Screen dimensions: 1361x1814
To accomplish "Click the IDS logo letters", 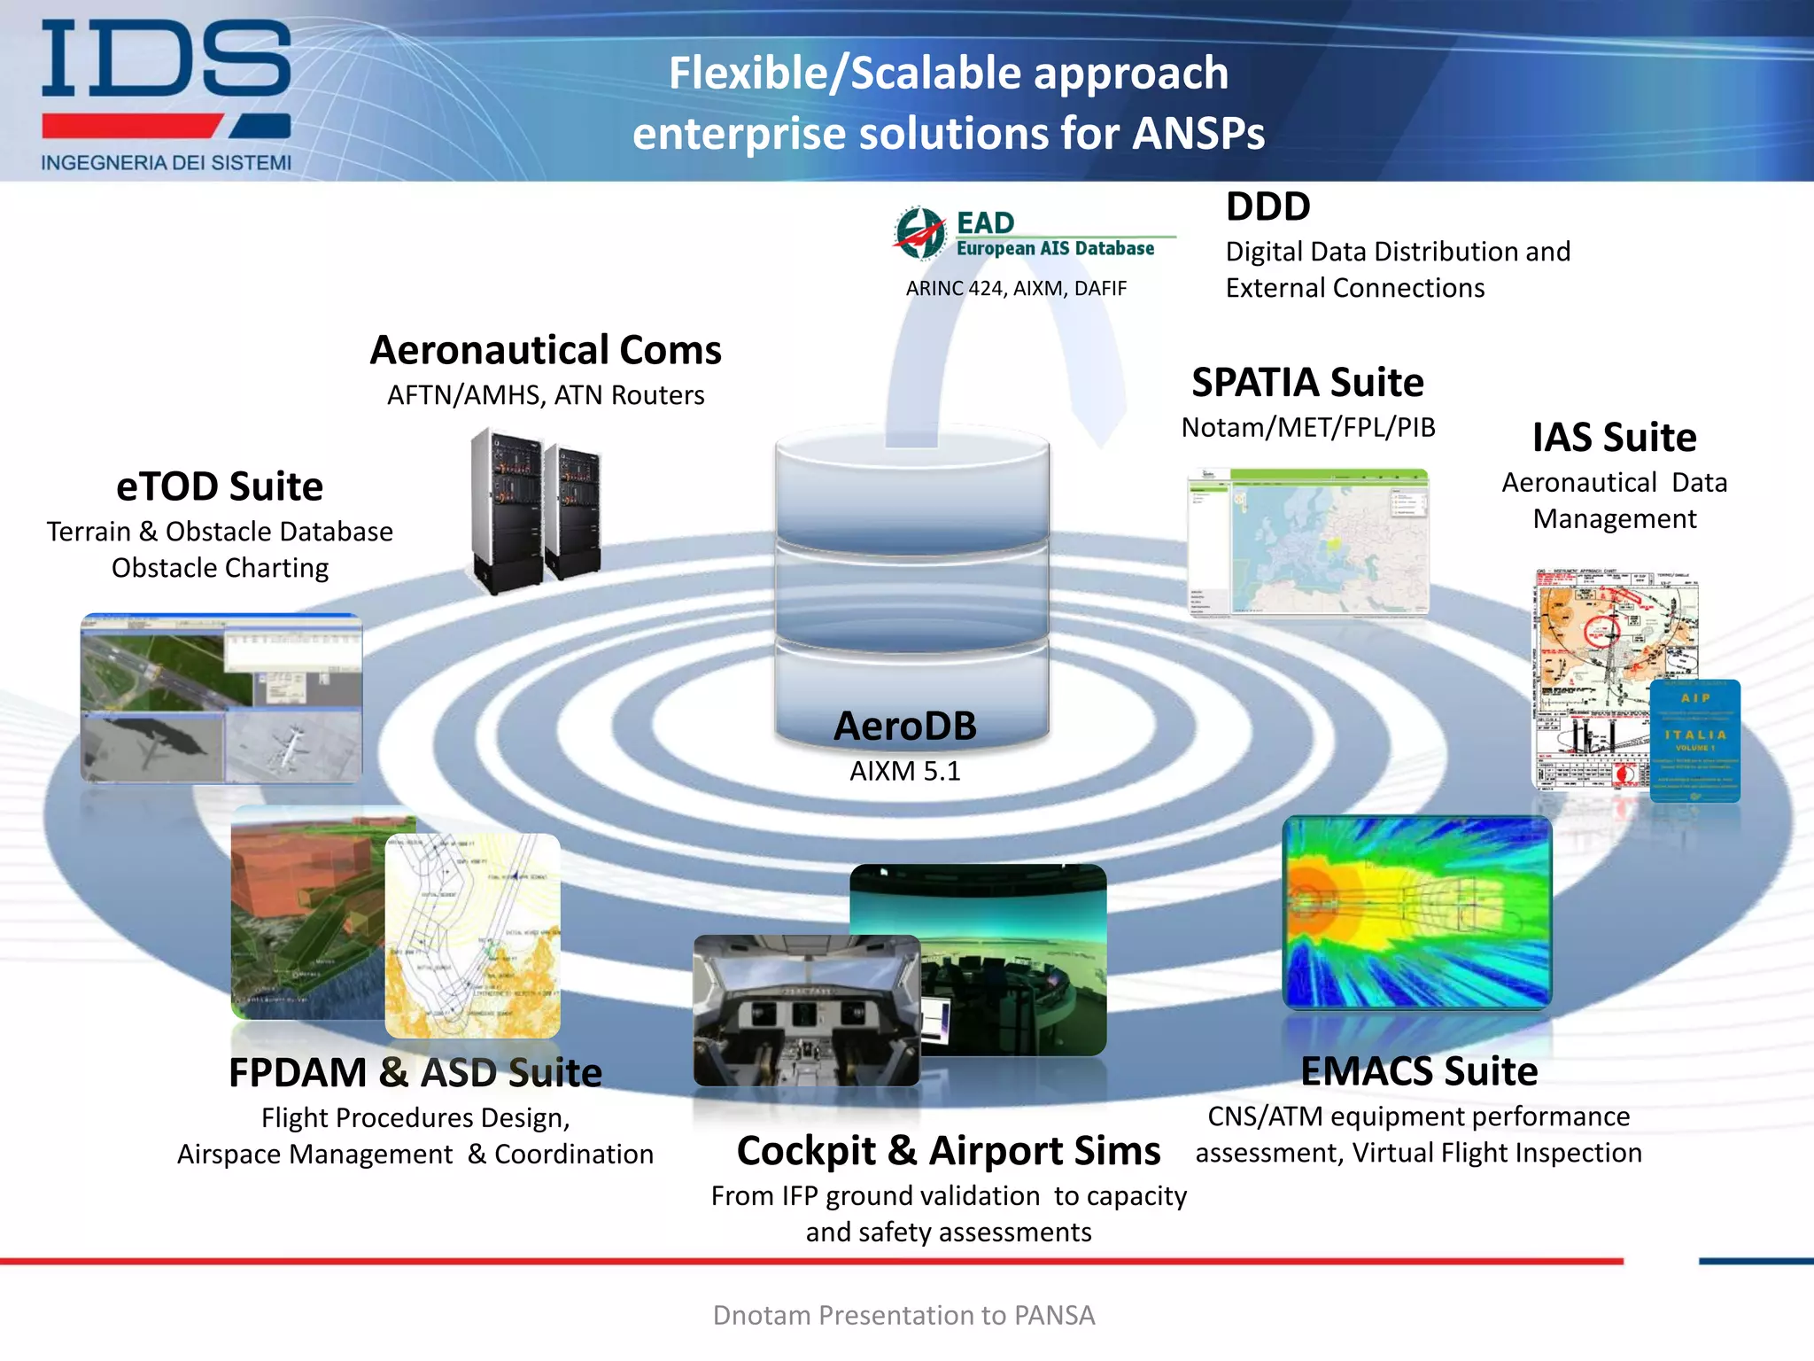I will click(166, 58).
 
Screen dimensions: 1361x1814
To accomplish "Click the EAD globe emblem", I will click(919, 233).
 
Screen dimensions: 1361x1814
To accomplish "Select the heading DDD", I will click(1267, 207).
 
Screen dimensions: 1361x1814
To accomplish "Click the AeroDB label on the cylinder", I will click(905, 726).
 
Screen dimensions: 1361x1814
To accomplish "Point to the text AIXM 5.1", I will click(905, 771).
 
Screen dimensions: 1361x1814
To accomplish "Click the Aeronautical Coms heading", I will click(546, 350).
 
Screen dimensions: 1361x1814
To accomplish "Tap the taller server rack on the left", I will click(507, 509).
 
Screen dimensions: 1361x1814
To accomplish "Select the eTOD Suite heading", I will click(220, 486).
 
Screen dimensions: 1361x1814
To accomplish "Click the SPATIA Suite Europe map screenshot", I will click(1307, 541).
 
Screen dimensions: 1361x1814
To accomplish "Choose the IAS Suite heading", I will click(1614, 438).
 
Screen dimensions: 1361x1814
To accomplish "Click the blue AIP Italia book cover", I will click(1695, 741).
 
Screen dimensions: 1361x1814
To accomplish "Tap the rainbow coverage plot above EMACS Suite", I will click(1417, 913).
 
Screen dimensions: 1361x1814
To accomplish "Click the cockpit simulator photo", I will click(806, 1010).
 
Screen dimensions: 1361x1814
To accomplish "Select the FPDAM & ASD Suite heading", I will click(415, 1073).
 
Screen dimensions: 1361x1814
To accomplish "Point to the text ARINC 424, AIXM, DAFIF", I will click(1016, 289).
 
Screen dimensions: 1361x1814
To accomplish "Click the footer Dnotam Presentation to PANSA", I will click(903, 1315).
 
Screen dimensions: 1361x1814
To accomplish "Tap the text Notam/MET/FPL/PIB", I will click(1307, 428).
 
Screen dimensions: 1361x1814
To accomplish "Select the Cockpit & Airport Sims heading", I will click(948, 1151).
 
